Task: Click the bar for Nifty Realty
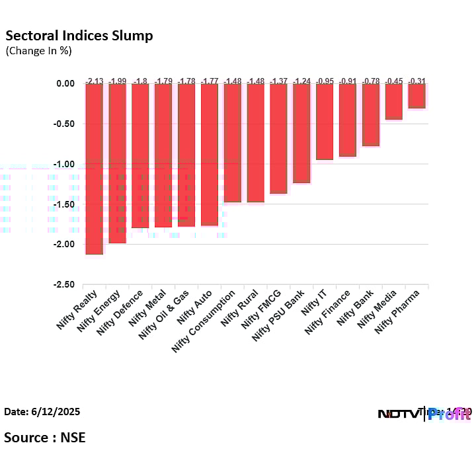click(x=94, y=169)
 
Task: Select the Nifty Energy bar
click(x=117, y=163)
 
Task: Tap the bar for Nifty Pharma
click(x=416, y=96)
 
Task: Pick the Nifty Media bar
click(x=393, y=101)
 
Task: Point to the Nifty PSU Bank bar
click(x=301, y=133)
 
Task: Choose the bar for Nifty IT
click(x=325, y=122)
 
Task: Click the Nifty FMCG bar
click(x=278, y=138)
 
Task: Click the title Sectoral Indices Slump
click(x=79, y=36)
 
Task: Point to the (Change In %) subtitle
click(x=38, y=50)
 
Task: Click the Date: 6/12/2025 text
click(x=42, y=411)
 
